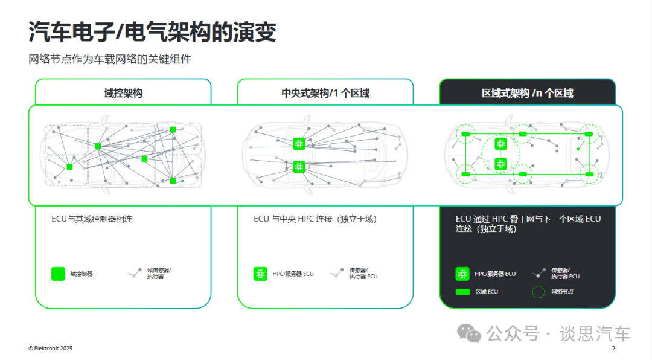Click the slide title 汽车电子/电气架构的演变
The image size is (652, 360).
pos(152,31)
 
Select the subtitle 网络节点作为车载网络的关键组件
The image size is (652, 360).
pos(110,59)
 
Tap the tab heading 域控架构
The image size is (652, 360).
pos(123,93)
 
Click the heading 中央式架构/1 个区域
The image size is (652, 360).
pos(325,93)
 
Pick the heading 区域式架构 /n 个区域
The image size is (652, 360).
pos(527,93)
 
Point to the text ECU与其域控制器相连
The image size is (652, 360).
pos(92,219)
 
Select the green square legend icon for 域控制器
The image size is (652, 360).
pos(58,274)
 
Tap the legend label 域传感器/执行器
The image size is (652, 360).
pos(159,274)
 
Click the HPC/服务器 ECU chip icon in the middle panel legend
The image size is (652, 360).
pos(260,274)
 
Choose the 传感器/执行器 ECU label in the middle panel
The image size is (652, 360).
pos(363,274)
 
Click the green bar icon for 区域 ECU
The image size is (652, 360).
pos(462,292)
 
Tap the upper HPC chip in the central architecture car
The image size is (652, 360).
pos(299,144)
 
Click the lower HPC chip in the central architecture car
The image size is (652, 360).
pos(299,167)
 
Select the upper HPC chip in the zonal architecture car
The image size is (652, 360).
pos(500,144)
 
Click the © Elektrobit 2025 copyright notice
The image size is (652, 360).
pos(50,349)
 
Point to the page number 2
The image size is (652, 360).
pos(614,349)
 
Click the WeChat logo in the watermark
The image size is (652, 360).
pos(468,333)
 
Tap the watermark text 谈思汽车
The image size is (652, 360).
pos(595,334)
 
